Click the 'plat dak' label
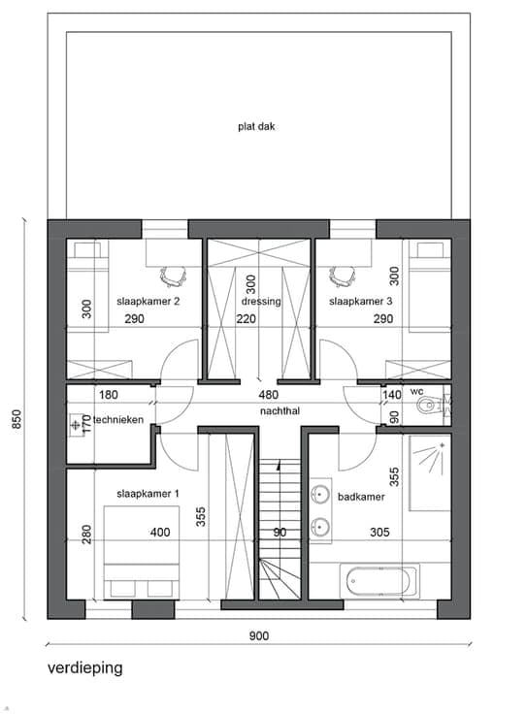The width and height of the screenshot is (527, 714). click(256, 126)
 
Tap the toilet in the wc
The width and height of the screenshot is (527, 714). click(434, 405)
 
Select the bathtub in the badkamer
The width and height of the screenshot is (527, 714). click(379, 580)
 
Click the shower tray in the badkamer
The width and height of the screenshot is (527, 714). click(430, 472)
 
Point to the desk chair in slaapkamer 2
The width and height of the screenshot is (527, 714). click(173, 276)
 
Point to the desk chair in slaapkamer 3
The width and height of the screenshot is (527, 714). click(342, 276)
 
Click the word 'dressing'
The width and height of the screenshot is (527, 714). click(261, 302)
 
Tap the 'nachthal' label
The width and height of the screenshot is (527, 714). click(280, 411)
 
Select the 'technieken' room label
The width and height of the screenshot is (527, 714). click(118, 420)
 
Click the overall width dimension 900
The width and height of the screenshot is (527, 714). click(259, 635)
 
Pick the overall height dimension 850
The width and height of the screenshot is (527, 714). click(16, 419)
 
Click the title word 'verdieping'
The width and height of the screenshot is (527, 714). click(85, 668)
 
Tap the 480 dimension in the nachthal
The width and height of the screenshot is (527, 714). click(268, 395)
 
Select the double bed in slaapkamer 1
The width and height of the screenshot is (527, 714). click(141, 552)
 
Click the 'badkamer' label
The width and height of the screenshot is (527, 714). click(361, 497)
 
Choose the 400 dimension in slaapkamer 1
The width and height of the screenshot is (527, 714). click(160, 532)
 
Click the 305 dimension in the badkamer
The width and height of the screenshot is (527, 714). click(379, 532)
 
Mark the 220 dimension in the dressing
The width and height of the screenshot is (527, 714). click(246, 319)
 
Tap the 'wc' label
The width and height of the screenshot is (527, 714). click(416, 392)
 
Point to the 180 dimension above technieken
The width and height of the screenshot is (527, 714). click(109, 395)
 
